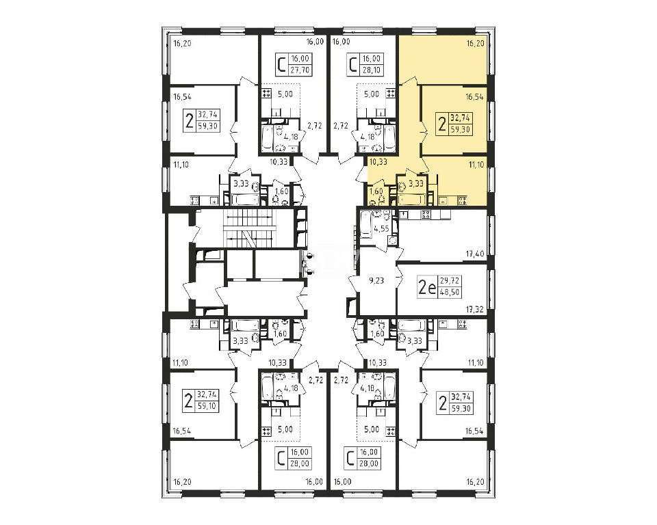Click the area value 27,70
tap(300, 70)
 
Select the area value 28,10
tap(371, 70)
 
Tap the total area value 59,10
tap(207, 405)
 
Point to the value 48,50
tap(450, 292)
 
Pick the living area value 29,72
tap(450, 280)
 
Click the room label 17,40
tap(475, 254)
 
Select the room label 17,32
tap(475, 310)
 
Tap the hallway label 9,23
tap(376, 281)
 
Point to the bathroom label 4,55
tap(382, 228)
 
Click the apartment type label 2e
tap(427, 287)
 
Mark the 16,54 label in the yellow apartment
tap(475, 96)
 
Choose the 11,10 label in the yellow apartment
tap(476, 165)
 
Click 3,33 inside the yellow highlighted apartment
tap(415, 183)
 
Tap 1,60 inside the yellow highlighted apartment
tap(376, 191)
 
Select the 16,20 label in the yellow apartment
tap(476, 43)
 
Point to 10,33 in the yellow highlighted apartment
tap(378, 161)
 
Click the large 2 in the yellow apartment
tap(441, 124)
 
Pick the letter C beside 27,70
tap(282, 65)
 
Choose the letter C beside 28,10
tap(353, 65)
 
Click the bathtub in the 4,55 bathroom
tap(365, 225)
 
